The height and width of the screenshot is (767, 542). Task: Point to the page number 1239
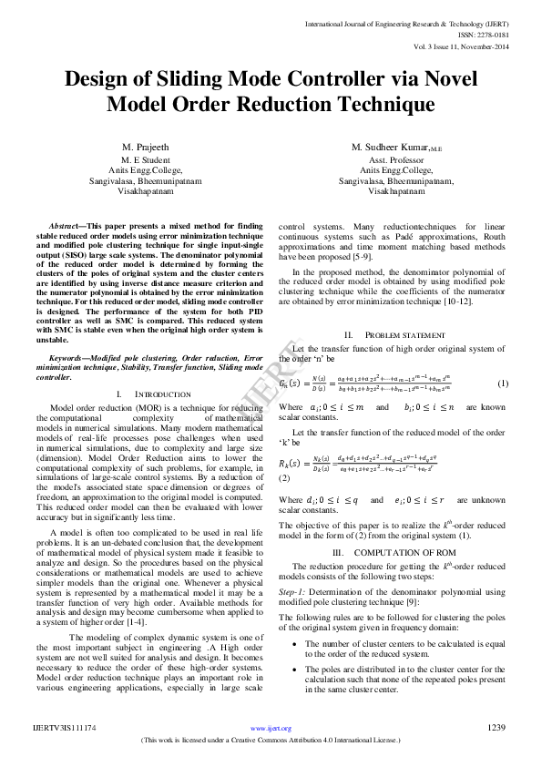496,727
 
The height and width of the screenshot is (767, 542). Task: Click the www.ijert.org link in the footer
271,728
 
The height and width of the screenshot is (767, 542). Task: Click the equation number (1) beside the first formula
502,383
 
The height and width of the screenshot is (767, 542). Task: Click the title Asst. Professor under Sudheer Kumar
395,159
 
